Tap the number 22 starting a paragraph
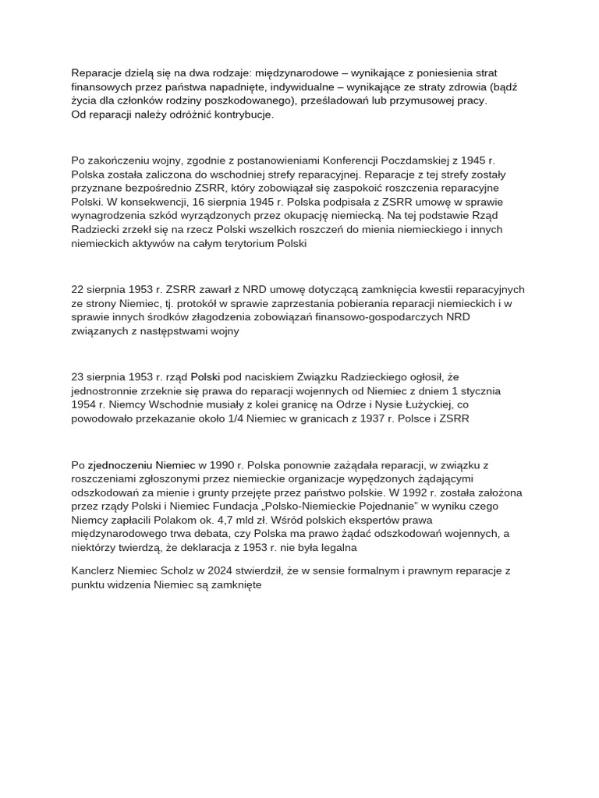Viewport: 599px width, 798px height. click(78, 289)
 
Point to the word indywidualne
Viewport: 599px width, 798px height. click(300, 87)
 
